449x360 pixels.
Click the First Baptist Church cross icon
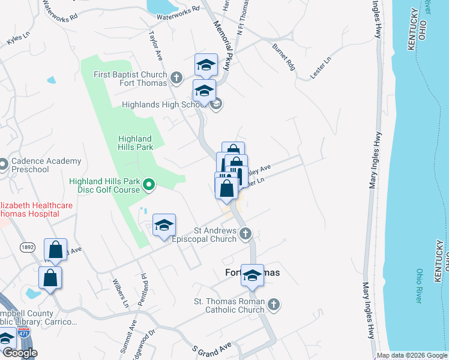click(176, 77)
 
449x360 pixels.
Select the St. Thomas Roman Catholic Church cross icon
click(274, 305)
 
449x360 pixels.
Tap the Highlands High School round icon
click(216, 105)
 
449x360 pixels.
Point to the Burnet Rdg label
click(283, 56)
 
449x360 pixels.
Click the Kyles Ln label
click(17, 40)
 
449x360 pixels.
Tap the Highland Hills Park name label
click(135, 142)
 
